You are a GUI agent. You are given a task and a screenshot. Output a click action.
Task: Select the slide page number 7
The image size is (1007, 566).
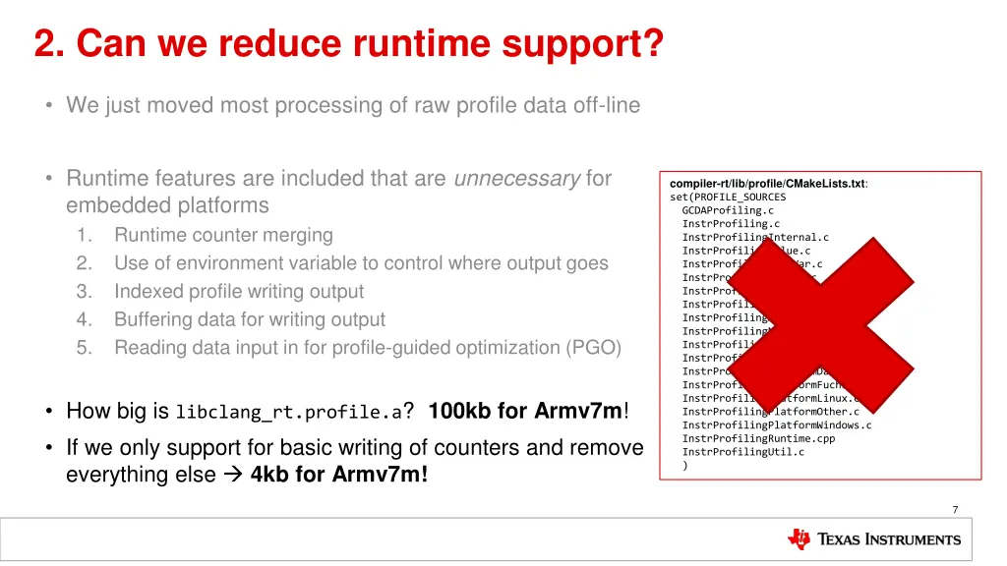tap(954, 509)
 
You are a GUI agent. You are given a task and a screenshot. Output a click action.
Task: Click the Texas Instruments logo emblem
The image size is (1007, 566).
tap(800, 539)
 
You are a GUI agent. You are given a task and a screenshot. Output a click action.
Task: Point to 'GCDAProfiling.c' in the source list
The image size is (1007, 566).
tap(728, 210)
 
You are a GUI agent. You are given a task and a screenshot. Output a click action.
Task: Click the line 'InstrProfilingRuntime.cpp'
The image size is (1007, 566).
tap(758, 438)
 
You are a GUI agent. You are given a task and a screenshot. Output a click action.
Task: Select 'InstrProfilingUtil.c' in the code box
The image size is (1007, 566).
tap(742, 452)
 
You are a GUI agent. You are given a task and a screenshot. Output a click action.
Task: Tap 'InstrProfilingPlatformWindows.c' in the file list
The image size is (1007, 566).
tap(777, 425)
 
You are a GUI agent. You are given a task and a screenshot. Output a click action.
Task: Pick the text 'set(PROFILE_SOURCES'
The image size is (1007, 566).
tap(728, 197)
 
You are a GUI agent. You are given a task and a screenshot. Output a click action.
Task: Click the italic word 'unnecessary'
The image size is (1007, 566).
tap(516, 179)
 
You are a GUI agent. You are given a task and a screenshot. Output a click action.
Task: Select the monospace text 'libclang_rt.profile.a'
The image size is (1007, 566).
tap(289, 413)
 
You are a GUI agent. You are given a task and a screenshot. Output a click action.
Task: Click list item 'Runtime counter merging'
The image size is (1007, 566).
tap(223, 235)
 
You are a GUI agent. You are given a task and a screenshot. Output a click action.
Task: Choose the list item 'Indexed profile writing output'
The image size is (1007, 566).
tap(239, 292)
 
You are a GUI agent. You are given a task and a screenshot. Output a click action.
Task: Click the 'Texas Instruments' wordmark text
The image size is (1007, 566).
tap(889, 539)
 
